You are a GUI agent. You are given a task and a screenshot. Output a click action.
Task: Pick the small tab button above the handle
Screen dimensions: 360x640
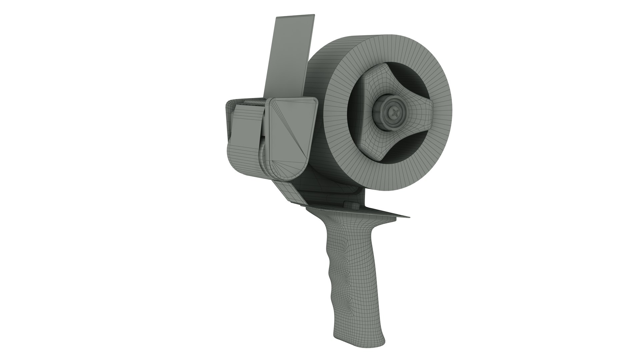349,204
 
